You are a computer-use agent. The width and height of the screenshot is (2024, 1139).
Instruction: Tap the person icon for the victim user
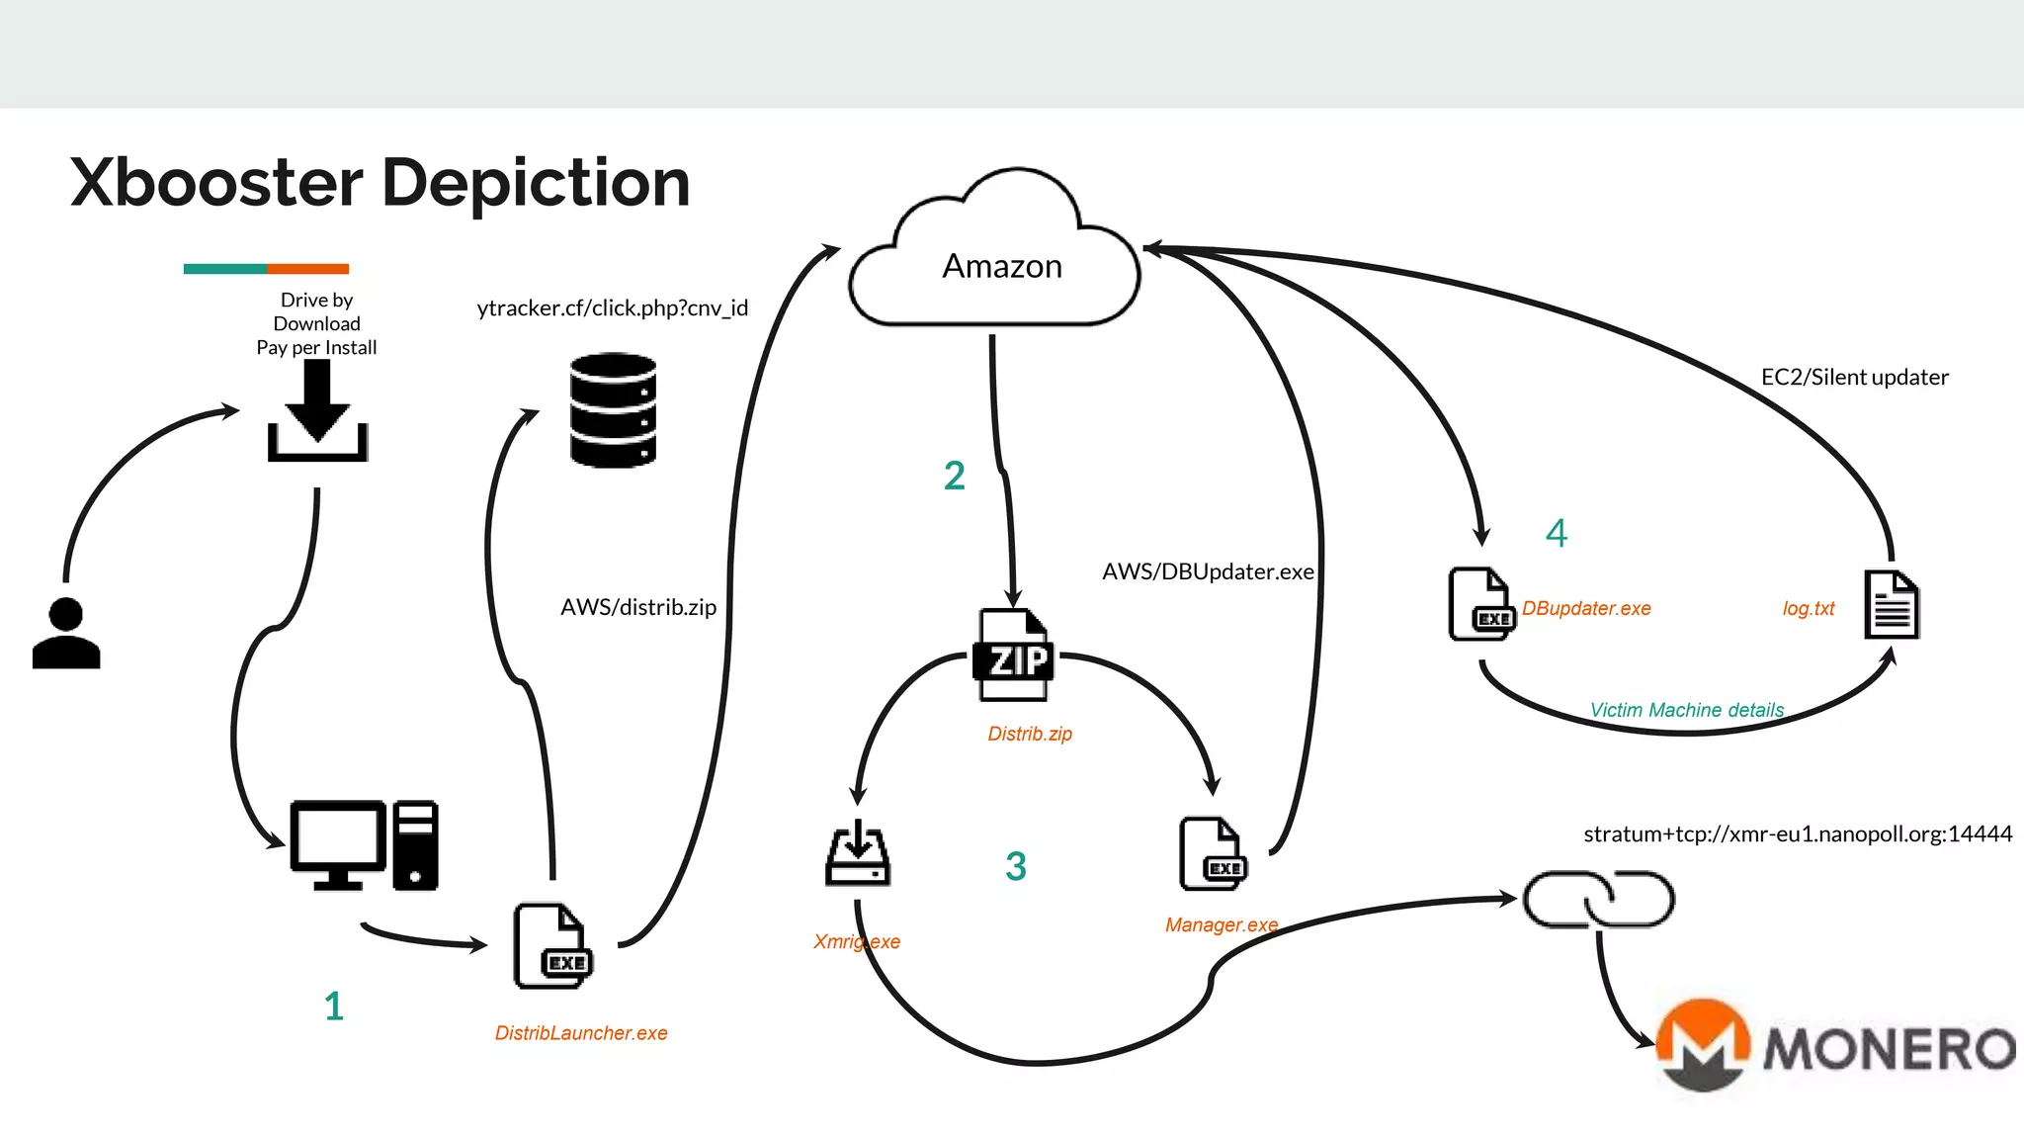(66, 635)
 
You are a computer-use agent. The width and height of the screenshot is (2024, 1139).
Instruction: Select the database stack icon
(613, 409)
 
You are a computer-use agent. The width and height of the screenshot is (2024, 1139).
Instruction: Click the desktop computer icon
(364, 845)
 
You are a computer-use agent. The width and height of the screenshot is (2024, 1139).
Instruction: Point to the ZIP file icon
(1013, 656)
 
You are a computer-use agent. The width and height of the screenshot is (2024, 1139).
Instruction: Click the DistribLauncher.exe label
(581, 1033)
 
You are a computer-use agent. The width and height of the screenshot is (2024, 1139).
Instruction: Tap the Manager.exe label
(1221, 925)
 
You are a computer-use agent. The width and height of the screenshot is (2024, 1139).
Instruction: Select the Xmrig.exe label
(856, 942)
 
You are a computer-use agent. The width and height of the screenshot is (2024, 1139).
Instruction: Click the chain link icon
(1598, 899)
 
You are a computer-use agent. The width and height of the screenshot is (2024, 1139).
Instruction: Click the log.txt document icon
(1892, 605)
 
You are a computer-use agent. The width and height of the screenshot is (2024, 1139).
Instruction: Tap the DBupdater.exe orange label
(1586, 609)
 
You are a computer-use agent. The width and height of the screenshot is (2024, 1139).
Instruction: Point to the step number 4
(1557, 534)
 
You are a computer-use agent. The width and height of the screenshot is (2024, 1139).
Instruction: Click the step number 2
(954, 477)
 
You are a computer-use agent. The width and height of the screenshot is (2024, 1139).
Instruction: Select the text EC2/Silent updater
(1854, 378)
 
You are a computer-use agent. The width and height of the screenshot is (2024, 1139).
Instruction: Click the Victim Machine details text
(1686, 710)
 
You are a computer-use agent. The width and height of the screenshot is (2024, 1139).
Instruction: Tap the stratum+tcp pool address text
(1797, 834)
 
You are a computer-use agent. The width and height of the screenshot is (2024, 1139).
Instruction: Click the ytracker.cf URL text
(612, 308)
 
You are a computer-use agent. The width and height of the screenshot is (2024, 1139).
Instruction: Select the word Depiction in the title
(536, 184)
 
